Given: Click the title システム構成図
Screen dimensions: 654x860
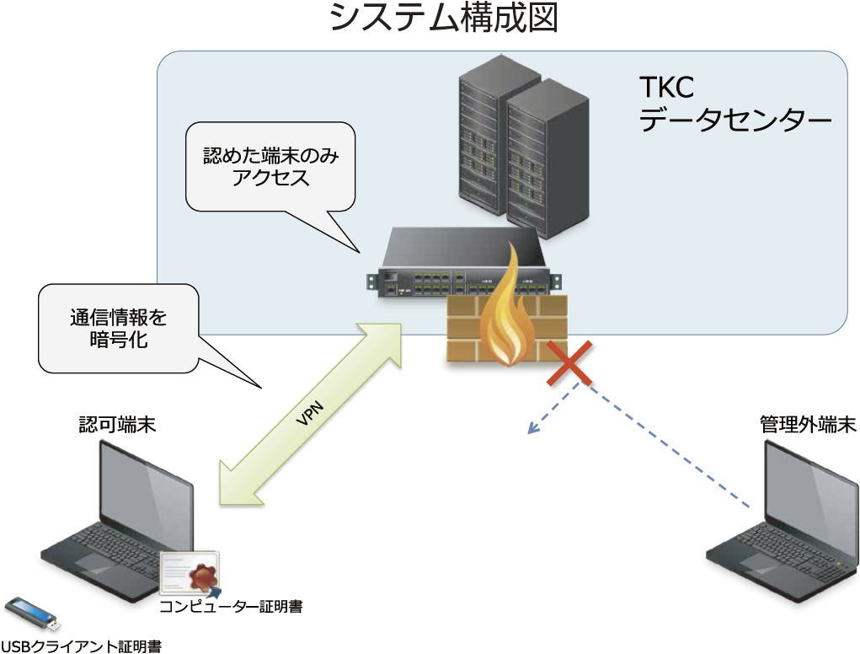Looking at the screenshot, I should click(x=444, y=19).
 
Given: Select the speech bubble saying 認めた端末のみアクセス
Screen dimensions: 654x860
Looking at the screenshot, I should click(x=270, y=168).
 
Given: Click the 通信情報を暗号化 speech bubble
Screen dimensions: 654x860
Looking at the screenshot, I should click(x=119, y=330).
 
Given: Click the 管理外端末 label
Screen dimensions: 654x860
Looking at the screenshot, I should click(x=807, y=425).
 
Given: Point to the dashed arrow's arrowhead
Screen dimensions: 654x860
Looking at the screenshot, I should click(x=531, y=430).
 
